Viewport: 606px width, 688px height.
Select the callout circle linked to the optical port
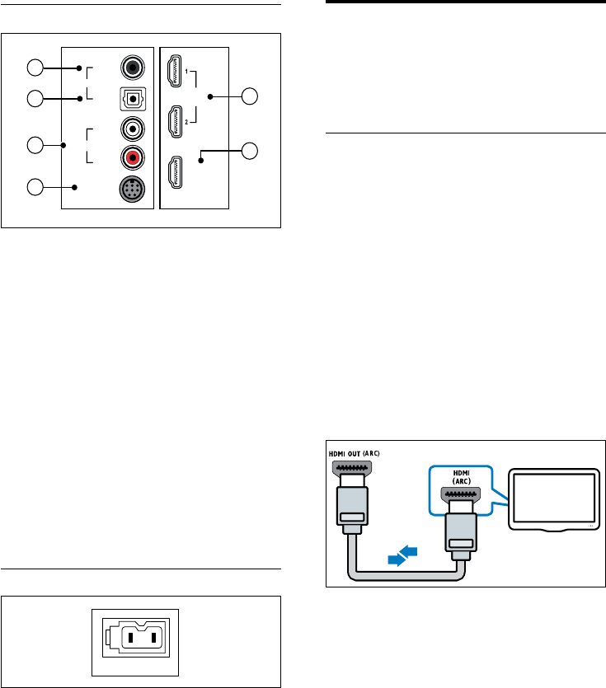point(35,99)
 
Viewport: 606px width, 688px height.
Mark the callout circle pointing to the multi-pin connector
point(35,187)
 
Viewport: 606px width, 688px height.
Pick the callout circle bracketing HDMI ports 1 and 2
point(250,97)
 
